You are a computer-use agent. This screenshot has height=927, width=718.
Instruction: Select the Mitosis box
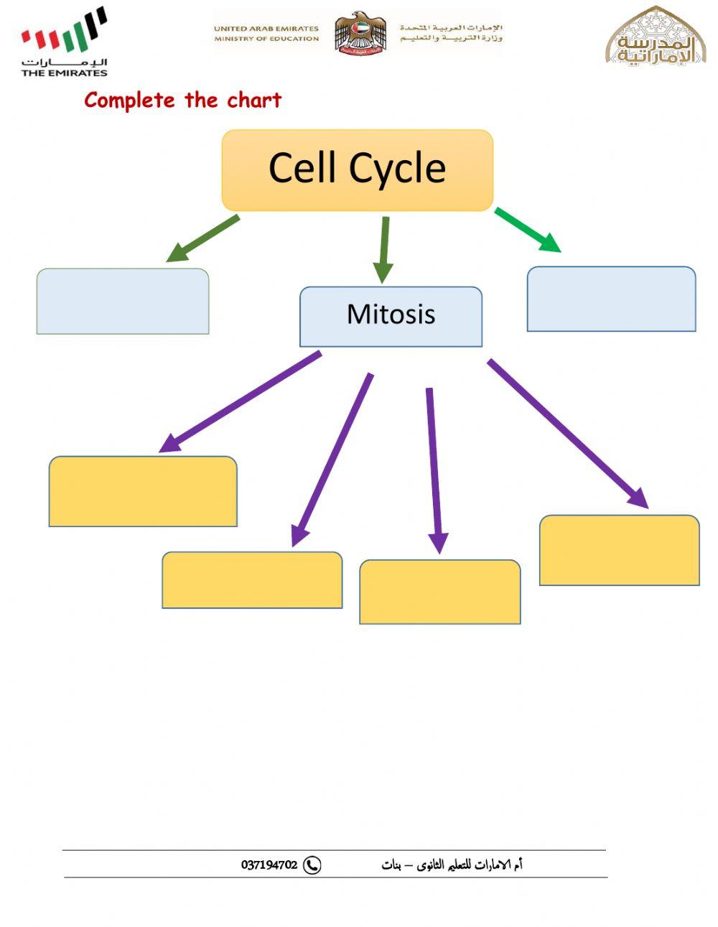(x=391, y=317)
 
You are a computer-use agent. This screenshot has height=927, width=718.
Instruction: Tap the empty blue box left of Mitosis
(x=123, y=301)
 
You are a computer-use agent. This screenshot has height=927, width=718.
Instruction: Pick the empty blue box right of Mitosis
(x=611, y=299)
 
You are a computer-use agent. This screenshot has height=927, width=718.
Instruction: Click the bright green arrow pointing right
(x=528, y=230)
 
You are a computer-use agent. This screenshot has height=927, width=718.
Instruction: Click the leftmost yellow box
(x=143, y=491)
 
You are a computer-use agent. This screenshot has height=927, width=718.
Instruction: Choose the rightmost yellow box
(x=619, y=550)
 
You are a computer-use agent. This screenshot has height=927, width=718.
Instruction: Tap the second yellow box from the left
(x=252, y=580)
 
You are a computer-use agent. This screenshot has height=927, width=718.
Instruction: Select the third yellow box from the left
(x=439, y=592)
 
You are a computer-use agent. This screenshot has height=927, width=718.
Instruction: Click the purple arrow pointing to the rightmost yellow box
(x=567, y=433)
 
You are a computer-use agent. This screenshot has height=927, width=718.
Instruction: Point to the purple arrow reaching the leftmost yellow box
(x=240, y=402)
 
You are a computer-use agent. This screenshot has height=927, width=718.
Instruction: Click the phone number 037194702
(x=269, y=865)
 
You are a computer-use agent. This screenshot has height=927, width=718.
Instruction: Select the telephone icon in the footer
(x=312, y=865)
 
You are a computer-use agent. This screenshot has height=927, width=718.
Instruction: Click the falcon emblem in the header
(x=360, y=33)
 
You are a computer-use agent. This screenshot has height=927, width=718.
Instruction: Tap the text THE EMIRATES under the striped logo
(x=64, y=73)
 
